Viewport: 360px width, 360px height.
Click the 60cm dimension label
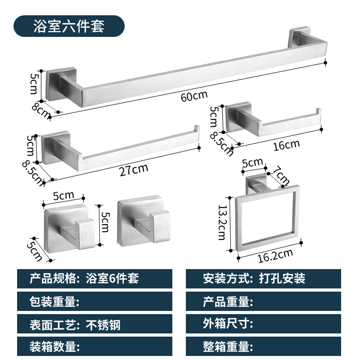[194, 96]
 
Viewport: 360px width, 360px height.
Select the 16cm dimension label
[286, 144]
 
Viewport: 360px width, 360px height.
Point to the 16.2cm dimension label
[276, 255]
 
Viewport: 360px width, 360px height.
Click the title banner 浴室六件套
[68, 26]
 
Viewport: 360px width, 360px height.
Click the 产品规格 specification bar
[94, 279]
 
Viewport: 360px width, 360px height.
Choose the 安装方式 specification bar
[263, 279]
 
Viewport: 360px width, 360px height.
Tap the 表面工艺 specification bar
[94, 324]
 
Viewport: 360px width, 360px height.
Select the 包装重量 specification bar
[94, 301]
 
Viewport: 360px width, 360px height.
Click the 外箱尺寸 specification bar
[263, 324]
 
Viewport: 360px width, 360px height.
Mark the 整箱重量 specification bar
[263, 347]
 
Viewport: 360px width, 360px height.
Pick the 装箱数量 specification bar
[94, 347]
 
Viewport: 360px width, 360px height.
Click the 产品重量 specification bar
[263, 301]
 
